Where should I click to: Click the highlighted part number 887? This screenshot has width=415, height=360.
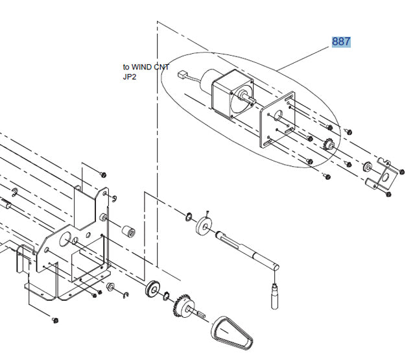tap(341, 42)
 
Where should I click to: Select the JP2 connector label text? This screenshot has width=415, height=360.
tap(130, 77)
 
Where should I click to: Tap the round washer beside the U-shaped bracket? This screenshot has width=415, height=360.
tap(367, 167)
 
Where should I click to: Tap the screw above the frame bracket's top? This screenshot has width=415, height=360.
tap(103, 174)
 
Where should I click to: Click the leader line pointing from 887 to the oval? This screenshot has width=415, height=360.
tap(305, 55)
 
